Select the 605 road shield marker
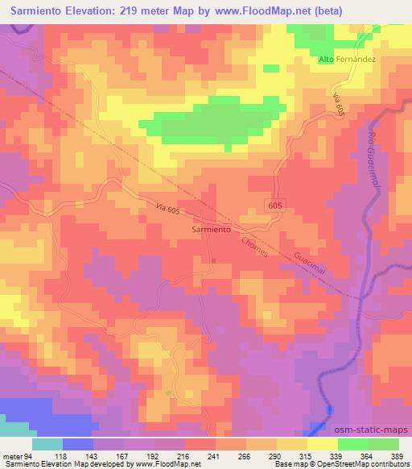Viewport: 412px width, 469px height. (274, 206)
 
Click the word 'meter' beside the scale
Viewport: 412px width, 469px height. (11, 456)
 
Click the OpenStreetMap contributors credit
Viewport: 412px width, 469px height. (346, 464)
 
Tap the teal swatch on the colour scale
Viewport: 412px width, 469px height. (48, 444)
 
